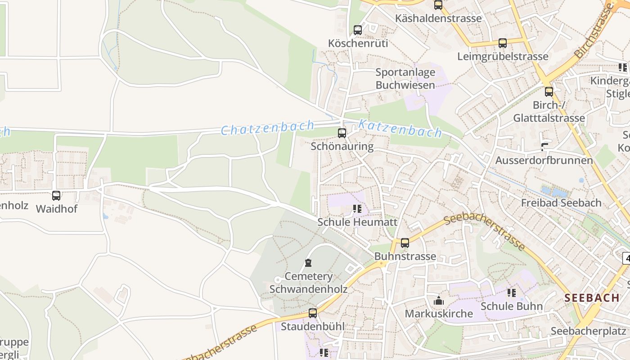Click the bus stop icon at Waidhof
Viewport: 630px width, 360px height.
(x=56, y=196)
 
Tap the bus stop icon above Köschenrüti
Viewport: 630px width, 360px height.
(x=358, y=30)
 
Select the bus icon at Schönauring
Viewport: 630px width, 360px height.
(x=342, y=133)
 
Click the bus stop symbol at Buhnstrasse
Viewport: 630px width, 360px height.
(x=405, y=243)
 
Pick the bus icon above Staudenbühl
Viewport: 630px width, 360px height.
(x=313, y=313)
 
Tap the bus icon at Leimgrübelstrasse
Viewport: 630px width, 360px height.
(x=503, y=43)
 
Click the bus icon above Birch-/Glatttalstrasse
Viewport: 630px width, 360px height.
(x=549, y=92)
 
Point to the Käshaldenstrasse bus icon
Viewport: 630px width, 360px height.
(x=438, y=5)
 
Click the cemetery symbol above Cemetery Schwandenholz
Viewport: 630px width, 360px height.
(x=308, y=263)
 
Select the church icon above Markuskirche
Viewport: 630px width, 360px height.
(x=439, y=301)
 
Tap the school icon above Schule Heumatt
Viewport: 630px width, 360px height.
(x=357, y=209)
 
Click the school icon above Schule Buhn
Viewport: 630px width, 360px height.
(x=512, y=293)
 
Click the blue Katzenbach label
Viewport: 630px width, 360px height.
(x=400, y=129)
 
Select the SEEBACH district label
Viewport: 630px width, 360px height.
(x=592, y=298)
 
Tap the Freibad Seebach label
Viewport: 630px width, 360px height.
(x=561, y=203)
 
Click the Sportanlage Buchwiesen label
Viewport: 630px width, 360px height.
(x=405, y=79)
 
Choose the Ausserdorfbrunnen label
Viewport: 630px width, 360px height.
(x=544, y=161)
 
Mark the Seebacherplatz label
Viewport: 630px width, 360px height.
(x=588, y=331)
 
